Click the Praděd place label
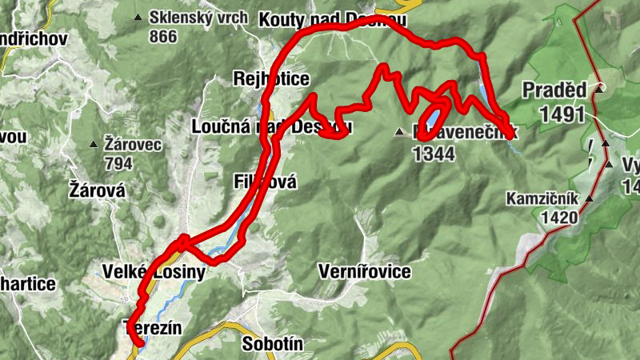pos(554,90)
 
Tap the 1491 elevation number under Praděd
pos(562,114)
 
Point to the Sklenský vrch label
pos(193,18)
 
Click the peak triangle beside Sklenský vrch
pos(138,18)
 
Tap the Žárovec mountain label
pos(134,144)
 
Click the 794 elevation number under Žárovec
pos(118,162)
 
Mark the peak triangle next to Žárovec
pos(94,144)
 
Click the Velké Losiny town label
pos(154,272)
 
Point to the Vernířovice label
pos(364,272)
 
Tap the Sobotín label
pos(272,345)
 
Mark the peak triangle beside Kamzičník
pos(590,198)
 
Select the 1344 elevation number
pos(434,154)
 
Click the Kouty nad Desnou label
pos(334,18)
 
